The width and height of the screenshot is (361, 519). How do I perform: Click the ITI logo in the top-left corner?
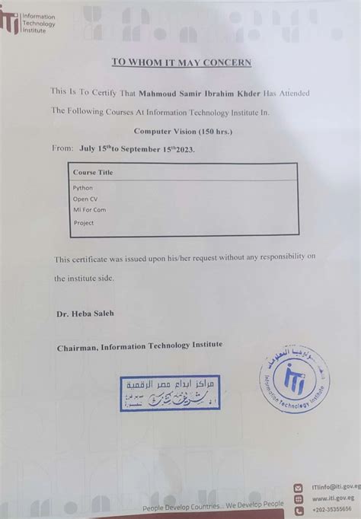11,21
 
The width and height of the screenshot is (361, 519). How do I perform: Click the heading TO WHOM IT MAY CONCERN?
181,62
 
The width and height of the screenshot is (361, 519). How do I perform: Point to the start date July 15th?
98,150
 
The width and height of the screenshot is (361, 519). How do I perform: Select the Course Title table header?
93,173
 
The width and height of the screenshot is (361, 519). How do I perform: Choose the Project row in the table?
84,223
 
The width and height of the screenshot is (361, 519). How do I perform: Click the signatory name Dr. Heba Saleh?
85,314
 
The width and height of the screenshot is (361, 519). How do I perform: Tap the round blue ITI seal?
293,384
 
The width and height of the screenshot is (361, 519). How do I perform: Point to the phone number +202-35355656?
332,508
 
